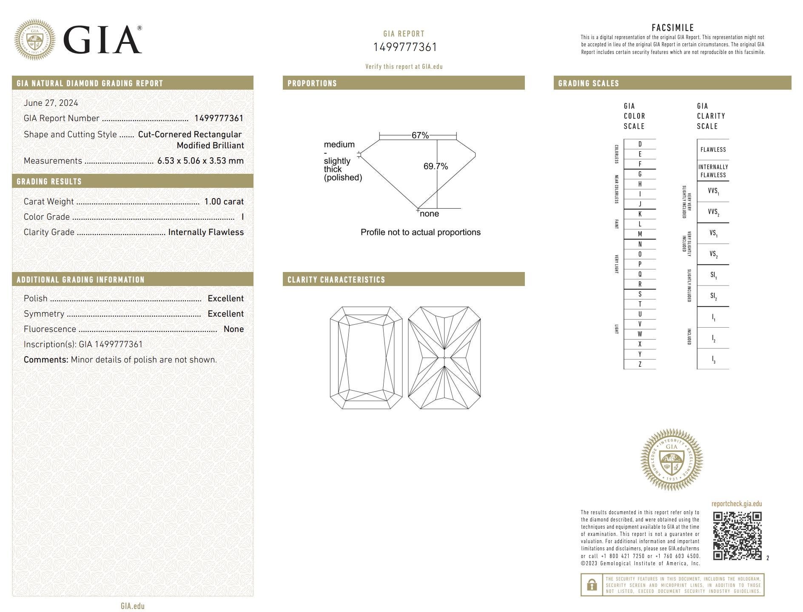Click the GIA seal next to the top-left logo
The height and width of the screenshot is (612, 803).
35,40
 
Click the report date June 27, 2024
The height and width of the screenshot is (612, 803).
51,103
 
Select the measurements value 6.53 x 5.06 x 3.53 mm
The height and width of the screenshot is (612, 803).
200,161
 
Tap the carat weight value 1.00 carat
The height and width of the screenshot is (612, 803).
224,201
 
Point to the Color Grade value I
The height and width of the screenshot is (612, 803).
242,217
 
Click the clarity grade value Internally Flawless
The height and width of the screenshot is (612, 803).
206,232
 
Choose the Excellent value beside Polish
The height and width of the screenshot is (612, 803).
225,298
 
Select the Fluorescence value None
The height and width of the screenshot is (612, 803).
233,329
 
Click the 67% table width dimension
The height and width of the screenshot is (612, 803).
420,135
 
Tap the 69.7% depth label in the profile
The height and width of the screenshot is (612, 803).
436,166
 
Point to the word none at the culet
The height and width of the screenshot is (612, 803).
429,214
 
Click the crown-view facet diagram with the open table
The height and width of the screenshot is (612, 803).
366,358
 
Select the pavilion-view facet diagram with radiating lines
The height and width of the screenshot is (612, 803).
444,358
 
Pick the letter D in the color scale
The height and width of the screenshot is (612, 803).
640,144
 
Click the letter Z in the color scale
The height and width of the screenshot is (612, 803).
640,364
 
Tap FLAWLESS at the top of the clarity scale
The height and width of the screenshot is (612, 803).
713,150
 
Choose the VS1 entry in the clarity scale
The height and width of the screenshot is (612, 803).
713,233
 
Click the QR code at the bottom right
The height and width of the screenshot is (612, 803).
737,535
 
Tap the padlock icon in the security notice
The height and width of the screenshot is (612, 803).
592,585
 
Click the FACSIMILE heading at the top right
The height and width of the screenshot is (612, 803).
672,28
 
